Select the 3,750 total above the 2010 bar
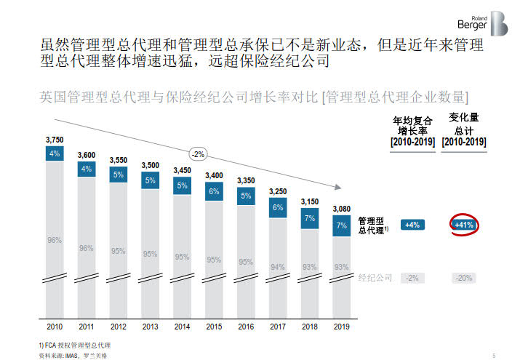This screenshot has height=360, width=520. click(x=55, y=139)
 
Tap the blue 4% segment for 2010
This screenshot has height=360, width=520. click(x=55, y=153)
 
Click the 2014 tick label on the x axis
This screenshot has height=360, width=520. click(x=182, y=327)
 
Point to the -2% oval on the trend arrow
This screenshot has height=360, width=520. click(x=198, y=154)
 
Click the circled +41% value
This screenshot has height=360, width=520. click(x=465, y=225)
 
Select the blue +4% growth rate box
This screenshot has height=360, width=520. click(x=412, y=225)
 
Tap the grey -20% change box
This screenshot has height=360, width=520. click(x=465, y=279)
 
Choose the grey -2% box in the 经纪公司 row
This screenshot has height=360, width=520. click(x=412, y=279)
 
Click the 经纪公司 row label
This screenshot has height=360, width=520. click(x=375, y=278)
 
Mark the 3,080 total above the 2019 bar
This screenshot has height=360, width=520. click(x=342, y=209)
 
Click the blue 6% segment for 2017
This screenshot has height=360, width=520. click(x=278, y=208)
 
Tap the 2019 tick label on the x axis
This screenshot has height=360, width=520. click(x=342, y=327)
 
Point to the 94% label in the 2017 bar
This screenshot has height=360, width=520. click(x=278, y=267)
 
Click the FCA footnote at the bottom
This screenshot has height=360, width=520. click(x=75, y=343)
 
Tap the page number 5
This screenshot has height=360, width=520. click(x=494, y=355)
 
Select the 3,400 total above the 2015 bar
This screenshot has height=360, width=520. click(x=214, y=175)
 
